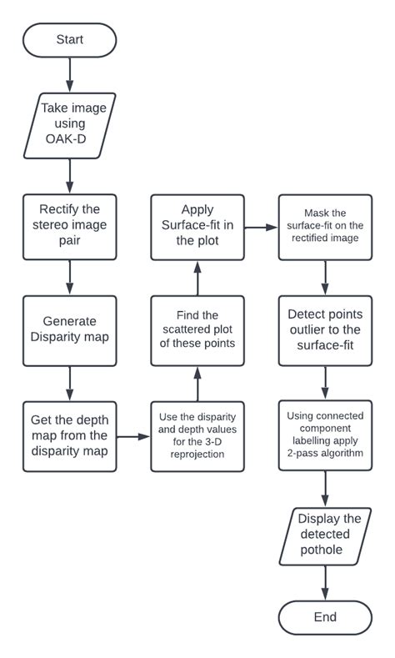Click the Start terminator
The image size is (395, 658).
(x=70, y=39)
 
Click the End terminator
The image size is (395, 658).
(x=325, y=617)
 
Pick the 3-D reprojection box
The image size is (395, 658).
(x=197, y=435)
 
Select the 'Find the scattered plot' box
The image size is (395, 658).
(x=197, y=330)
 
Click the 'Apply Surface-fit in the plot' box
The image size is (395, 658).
(x=197, y=225)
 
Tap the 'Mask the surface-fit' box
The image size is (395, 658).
(x=325, y=225)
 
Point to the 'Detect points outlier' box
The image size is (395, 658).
(x=325, y=330)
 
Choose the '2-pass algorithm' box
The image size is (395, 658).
(x=325, y=435)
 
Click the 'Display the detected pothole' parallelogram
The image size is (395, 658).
(x=325, y=534)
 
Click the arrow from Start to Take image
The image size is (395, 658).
(x=70, y=75)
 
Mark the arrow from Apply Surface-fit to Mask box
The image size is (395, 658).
(x=261, y=225)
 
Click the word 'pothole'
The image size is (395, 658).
(x=325, y=551)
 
